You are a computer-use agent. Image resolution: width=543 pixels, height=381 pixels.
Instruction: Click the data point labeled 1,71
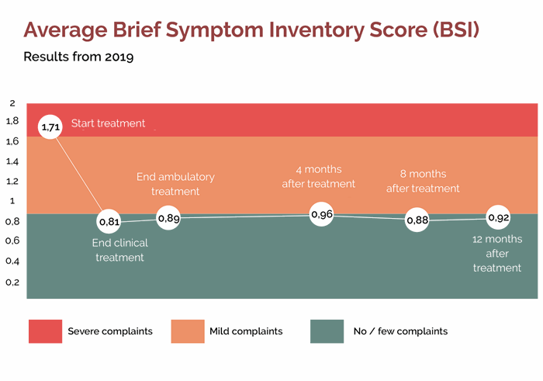click(x=50, y=126)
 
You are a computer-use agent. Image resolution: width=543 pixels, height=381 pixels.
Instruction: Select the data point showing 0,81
click(x=109, y=221)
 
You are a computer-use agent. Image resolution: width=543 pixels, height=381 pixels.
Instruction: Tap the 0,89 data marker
click(x=168, y=218)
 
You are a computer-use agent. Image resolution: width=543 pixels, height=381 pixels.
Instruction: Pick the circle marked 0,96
click(x=322, y=214)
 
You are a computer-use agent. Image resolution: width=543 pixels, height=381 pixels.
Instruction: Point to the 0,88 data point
click(x=417, y=220)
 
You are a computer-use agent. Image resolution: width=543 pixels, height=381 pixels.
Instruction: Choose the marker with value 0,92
click(x=498, y=217)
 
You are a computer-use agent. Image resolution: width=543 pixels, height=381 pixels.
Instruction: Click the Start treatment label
click(x=108, y=123)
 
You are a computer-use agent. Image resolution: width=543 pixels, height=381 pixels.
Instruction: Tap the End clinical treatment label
click(x=119, y=250)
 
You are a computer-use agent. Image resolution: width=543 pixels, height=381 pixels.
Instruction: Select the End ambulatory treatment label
click(x=175, y=184)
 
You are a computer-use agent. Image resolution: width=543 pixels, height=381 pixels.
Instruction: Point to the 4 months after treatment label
click(x=319, y=176)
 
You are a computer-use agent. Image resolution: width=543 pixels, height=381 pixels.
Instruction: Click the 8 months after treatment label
click(x=423, y=181)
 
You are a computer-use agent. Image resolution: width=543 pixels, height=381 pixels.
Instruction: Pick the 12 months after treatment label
click(x=497, y=253)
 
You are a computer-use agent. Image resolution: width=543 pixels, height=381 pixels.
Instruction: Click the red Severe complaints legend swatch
click(x=45, y=331)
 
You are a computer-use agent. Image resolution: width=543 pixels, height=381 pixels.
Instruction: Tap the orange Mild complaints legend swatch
click(x=188, y=331)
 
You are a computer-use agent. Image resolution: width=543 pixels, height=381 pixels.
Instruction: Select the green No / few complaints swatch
click(x=327, y=331)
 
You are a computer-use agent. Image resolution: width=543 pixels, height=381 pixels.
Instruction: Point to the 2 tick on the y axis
click(x=12, y=103)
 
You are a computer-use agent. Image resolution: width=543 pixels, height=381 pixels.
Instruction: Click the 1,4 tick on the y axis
click(x=12, y=161)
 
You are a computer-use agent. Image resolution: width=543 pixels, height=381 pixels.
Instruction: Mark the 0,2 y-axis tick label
click(x=12, y=282)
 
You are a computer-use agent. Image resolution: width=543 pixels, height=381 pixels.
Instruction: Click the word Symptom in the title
click(x=215, y=30)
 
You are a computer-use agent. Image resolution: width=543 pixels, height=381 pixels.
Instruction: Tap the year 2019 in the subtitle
click(x=119, y=57)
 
